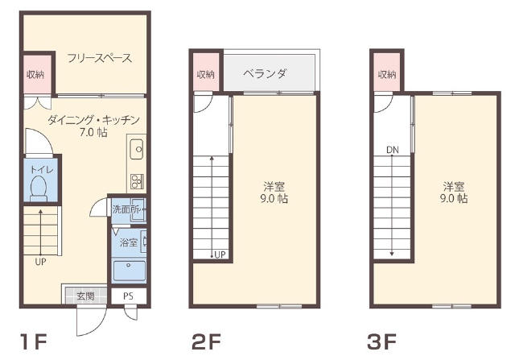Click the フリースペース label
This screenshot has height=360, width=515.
[100, 58]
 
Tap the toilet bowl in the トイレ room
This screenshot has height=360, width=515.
[39, 188]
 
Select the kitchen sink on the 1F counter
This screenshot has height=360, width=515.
[137, 149]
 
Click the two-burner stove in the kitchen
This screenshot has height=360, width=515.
[137, 181]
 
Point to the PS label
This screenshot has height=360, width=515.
[129, 296]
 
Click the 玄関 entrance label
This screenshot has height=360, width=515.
[85, 296]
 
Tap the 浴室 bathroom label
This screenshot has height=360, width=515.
[129, 242]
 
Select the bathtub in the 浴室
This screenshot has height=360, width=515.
[129, 271]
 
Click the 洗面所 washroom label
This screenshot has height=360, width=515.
[126, 209]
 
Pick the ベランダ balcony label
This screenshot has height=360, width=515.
[265, 73]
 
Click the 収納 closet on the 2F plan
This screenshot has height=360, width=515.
[206, 75]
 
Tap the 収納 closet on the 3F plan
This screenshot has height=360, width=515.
[387, 75]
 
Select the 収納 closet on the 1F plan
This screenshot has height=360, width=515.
[35, 75]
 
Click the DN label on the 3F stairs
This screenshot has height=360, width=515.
[393, 151]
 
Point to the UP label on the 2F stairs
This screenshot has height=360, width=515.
[220, 254]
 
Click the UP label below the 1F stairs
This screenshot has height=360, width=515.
[41, 262]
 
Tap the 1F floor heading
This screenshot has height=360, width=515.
[34, 341]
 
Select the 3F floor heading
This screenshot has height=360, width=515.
[381, 341]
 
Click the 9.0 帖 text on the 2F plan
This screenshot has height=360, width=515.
[274, 199]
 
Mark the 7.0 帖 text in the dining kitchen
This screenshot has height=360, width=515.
[93, 132]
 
